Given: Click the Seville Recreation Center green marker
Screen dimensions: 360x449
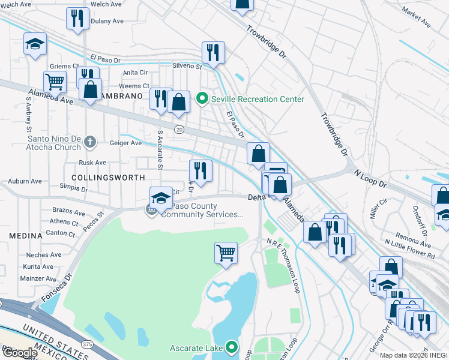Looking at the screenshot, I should point(202,99).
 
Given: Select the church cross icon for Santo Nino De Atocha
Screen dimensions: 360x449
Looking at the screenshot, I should point(90,142).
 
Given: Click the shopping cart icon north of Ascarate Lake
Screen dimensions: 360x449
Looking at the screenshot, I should point(226,253).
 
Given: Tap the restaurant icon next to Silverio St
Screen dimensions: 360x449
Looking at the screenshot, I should point(213,52).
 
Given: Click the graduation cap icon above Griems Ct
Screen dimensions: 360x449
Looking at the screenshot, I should point(35,44).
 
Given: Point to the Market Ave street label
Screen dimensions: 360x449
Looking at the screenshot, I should point(417,18).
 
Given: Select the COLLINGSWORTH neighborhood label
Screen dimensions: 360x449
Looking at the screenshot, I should point(108,178).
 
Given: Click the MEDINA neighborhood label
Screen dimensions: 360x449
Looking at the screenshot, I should point(26,236).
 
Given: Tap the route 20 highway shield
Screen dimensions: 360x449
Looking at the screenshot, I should point(179,129).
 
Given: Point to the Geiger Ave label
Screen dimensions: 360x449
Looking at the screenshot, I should point(125,143).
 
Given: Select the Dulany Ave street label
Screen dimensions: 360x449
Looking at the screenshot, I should point(106,21).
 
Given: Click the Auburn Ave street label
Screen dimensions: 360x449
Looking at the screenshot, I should point(25,181).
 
